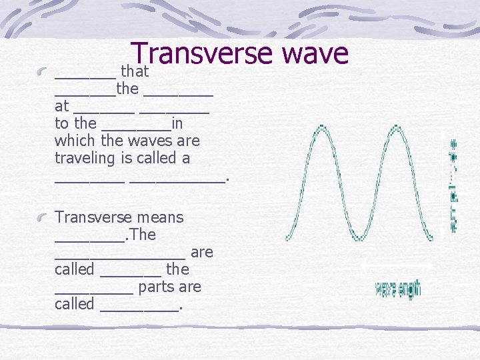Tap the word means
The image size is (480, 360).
pos(160,217)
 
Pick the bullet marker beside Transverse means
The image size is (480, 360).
pos(42,217)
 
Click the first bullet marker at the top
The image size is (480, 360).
pos(42,72)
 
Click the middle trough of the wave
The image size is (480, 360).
pos(360,238)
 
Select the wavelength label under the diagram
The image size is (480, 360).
pos(398,289)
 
